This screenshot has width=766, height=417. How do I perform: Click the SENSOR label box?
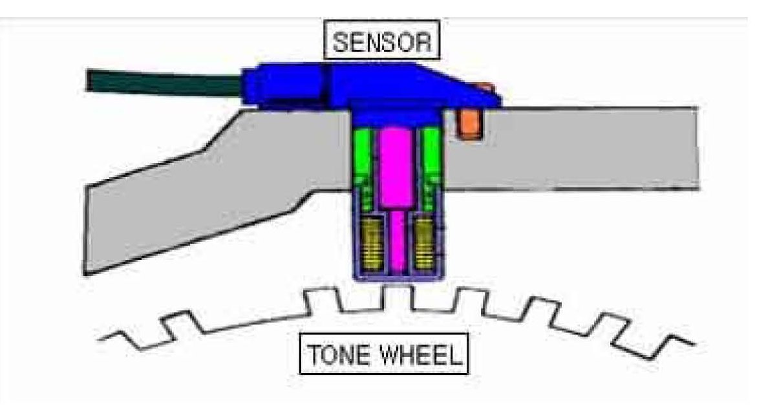[x=381, y=42]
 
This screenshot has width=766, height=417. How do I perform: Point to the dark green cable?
[x=162, y=83]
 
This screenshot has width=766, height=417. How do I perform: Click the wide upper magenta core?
[x=396, y=168]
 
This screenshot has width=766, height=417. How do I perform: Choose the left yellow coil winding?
[x=369, y=244]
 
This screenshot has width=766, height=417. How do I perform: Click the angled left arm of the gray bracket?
[x=194, y=194]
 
